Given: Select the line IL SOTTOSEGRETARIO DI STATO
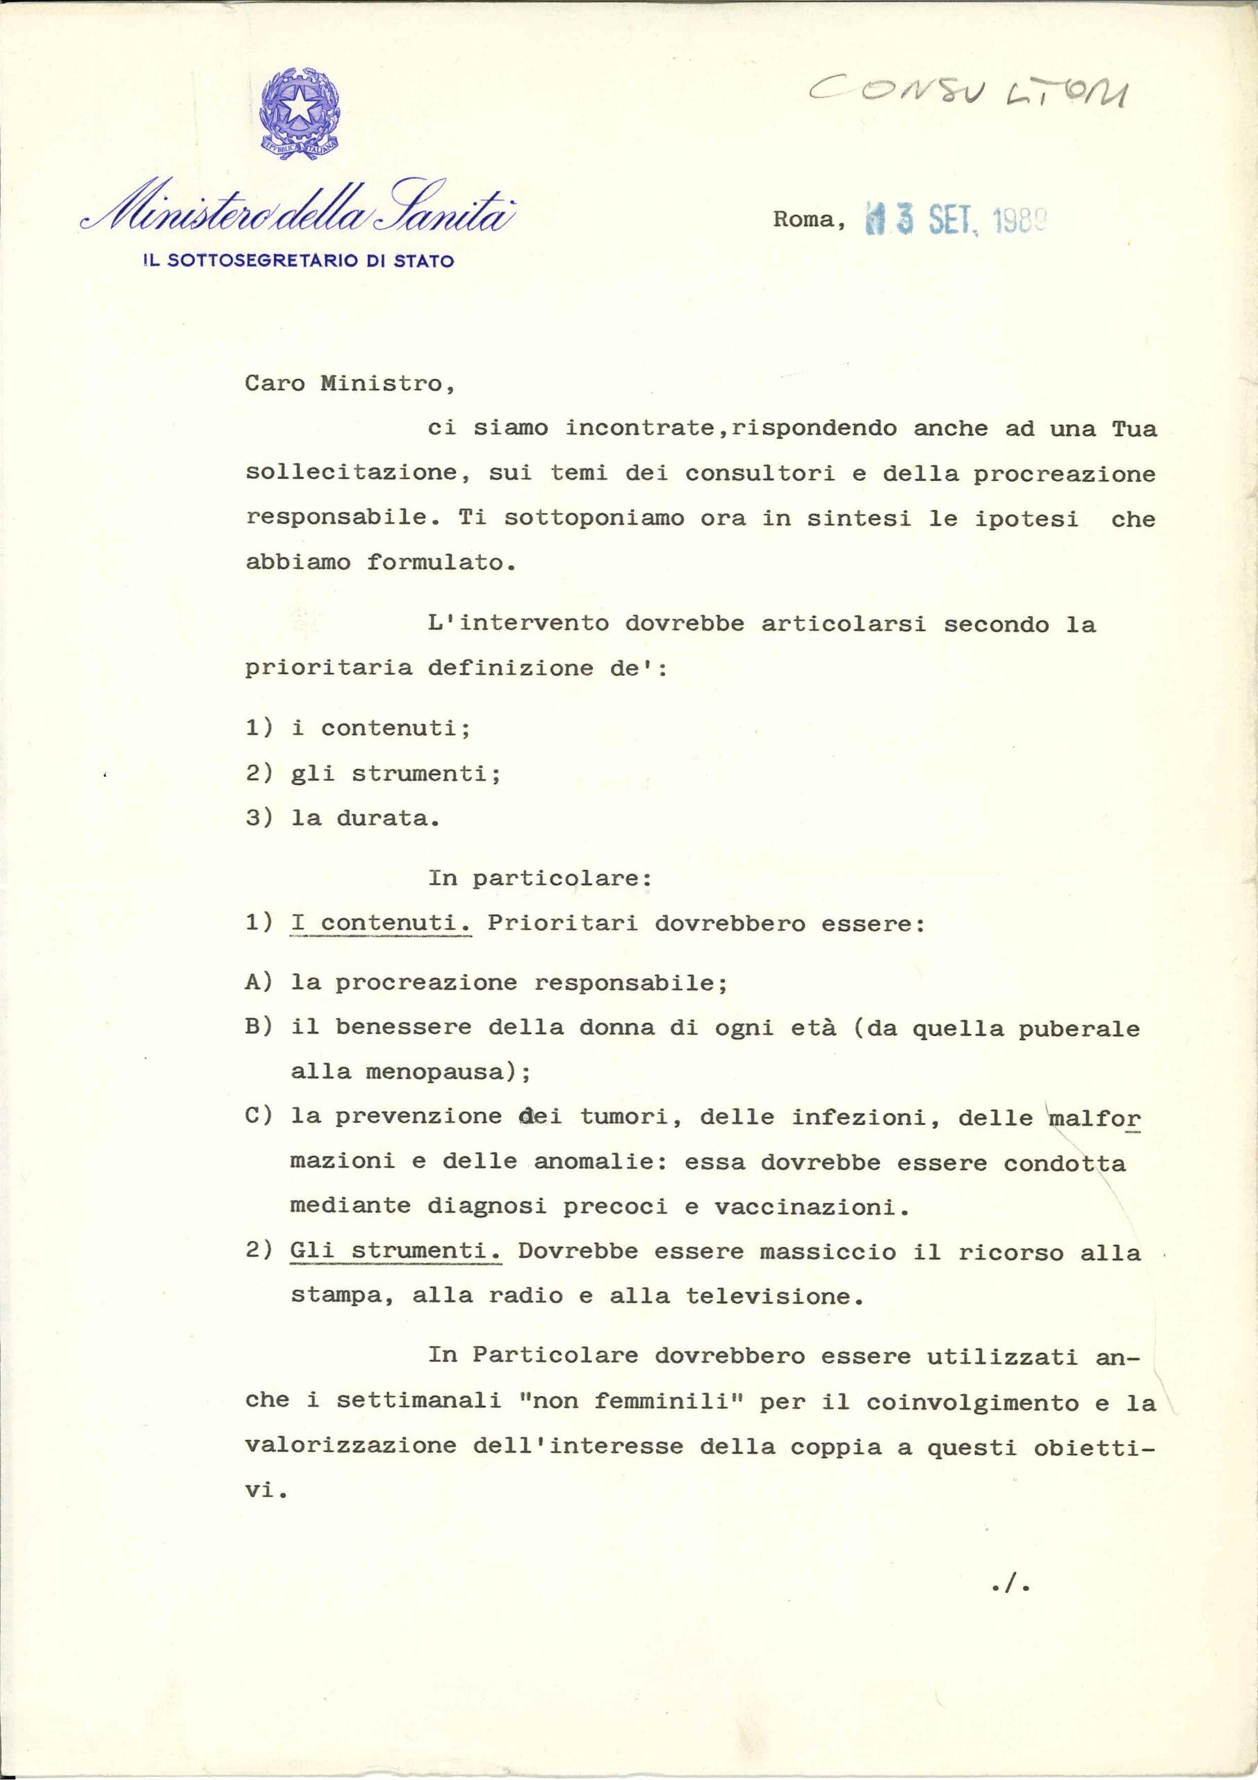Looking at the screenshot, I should coord(299,261).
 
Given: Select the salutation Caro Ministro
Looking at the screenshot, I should coord(350,385).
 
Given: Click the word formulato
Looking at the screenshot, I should coord(441,563).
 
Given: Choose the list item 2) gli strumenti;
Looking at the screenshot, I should coord(373,775).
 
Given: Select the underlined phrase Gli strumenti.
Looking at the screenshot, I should coord(396,1252).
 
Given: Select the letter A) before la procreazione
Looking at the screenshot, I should coord(259,983).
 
